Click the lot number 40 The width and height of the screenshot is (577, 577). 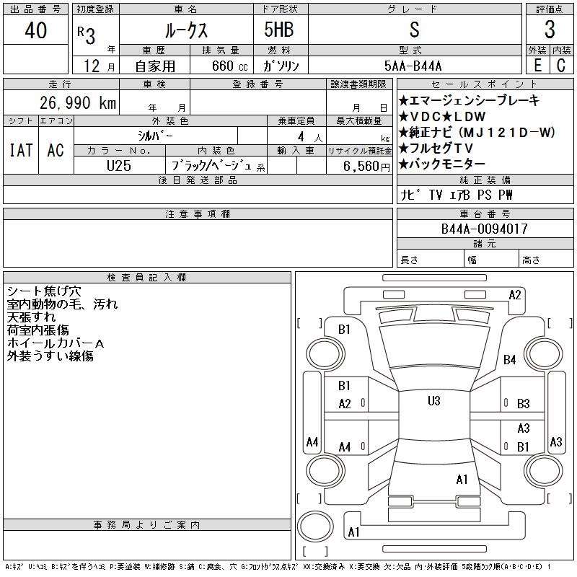tap(35, 30)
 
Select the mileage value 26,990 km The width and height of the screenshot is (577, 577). tap(78, 102)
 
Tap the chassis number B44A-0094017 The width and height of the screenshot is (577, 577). tap(484, 229)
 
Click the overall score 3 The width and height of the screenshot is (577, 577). tap(550, 30)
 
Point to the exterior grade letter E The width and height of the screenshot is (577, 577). tap(537, 65)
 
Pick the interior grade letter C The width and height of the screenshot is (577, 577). tap(561, 65)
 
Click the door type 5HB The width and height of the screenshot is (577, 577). tap(279, 30)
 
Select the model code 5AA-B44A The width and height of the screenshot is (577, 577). tap(413, 66)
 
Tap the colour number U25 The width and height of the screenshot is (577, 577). tap(119, 166)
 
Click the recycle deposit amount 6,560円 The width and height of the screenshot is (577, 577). tap(366, 167)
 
